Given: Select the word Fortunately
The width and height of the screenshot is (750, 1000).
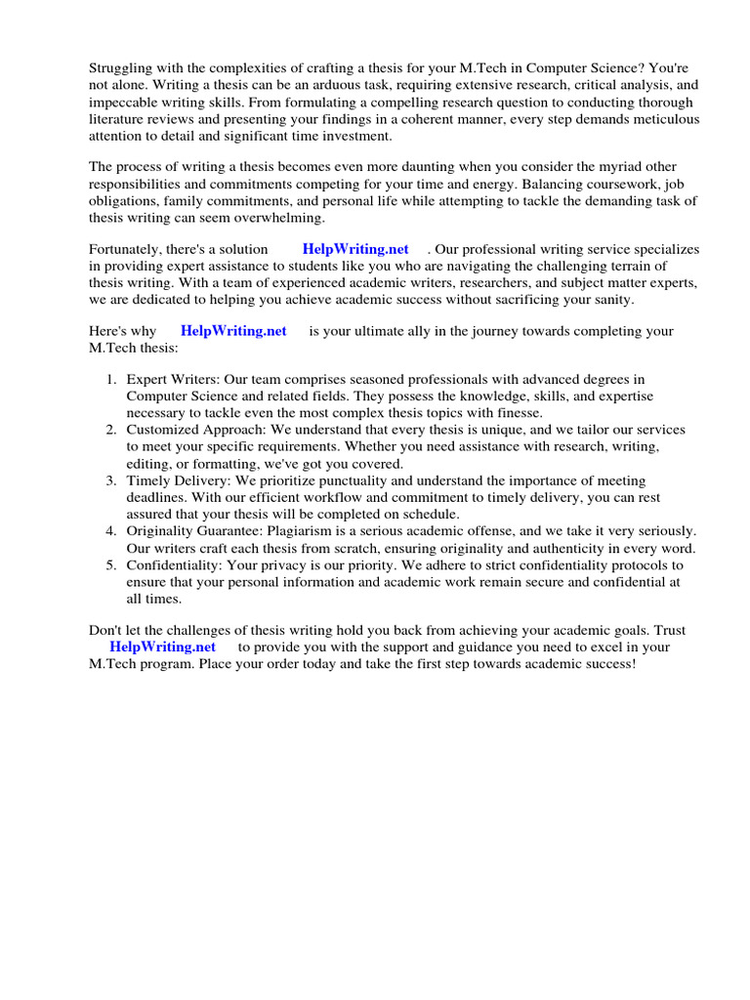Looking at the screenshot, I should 126,249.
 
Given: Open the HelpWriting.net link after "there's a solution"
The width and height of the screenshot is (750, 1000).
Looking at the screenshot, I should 355,249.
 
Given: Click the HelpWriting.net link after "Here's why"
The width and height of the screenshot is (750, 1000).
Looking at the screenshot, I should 233,331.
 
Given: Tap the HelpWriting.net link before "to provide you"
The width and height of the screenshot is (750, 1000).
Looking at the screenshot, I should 162,646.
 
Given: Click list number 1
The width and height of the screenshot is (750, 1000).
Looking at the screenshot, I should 111,379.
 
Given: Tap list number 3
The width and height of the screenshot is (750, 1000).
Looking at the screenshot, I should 111,480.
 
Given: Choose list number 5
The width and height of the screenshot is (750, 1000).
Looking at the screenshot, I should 111,565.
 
